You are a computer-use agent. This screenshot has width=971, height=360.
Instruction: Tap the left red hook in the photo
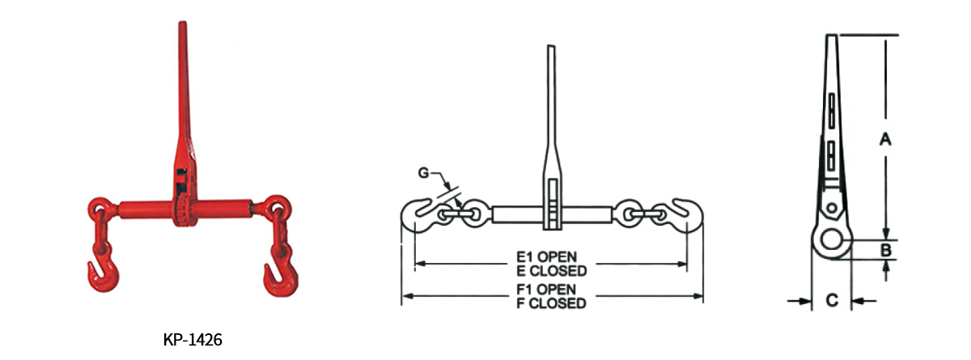pos(100,273)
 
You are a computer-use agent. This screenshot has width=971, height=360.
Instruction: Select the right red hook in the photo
pos(275,275)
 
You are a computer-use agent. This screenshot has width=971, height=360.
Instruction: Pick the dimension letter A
pos(885,139)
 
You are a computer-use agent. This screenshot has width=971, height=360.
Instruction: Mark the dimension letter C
pos(831,301)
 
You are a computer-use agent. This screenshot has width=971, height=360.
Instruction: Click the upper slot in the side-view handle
pos(832,110)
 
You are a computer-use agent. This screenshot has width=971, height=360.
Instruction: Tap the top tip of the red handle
pos(180,29)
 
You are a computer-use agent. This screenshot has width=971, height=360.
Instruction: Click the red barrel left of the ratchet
pos(144,209)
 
